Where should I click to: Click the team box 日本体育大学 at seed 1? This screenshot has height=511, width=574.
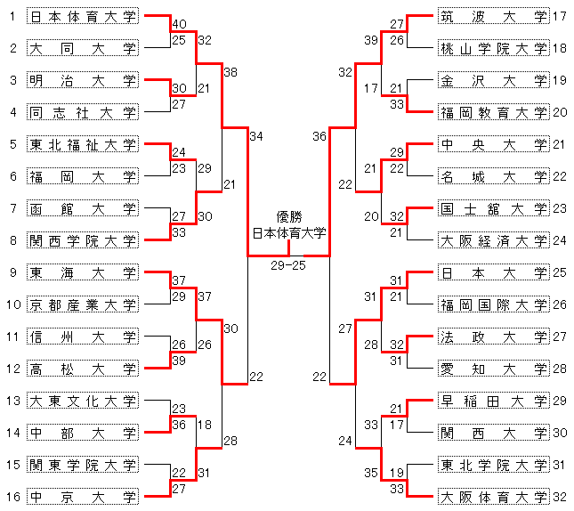83,16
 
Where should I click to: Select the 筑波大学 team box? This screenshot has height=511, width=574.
494,16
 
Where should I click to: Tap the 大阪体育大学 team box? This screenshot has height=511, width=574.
494,497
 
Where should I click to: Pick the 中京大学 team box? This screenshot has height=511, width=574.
83,497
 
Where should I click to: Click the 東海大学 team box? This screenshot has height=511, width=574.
83,272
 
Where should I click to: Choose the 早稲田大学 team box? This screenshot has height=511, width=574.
494,401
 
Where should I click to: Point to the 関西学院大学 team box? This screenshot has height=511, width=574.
83,240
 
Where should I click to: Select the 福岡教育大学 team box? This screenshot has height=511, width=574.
494,112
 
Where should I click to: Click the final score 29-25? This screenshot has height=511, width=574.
288,265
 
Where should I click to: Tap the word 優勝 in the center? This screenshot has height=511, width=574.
289,217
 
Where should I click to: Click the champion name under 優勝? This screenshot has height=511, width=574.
289,233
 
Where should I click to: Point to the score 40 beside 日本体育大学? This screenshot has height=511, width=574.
180,24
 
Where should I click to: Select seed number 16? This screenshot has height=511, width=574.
13,497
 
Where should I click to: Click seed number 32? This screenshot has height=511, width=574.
560,497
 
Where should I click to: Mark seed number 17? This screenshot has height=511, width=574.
560,16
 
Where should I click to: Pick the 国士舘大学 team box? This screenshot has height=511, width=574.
494,208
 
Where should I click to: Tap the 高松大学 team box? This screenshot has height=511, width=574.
83,369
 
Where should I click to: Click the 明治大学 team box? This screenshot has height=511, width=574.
83,80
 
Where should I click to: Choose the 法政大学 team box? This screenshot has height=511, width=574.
494,337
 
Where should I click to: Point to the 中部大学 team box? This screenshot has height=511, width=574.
83,433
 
